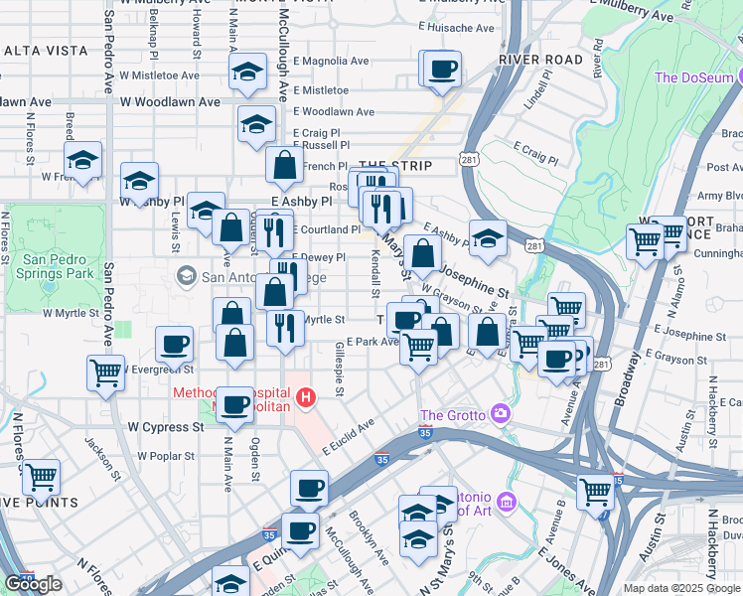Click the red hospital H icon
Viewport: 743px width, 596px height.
point(307,399)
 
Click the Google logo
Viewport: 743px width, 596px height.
point(33,584)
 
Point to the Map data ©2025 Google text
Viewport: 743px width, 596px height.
point(682,588)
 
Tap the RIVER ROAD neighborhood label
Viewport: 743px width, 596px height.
point(540,60)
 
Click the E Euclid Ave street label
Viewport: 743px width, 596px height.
point(348,437)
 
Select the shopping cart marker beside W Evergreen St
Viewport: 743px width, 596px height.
point(105,373)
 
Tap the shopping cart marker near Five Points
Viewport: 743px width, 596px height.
point(42,477)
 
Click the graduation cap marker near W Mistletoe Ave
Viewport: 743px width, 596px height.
point(244,72)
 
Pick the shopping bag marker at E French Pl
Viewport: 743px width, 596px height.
point(285,166)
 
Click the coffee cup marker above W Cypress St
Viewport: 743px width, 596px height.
point(234,403)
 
